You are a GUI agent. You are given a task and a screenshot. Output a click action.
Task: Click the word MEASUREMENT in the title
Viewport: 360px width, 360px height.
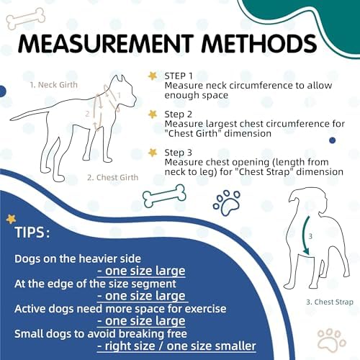106,44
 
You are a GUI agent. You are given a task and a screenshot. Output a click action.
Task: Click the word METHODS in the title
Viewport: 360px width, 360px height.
259,44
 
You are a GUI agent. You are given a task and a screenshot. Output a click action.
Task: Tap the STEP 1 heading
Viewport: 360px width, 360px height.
179,76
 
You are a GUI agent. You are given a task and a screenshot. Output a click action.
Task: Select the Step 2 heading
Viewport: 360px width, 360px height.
179,114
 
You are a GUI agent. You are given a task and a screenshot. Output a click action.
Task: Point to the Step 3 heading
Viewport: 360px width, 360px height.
179,153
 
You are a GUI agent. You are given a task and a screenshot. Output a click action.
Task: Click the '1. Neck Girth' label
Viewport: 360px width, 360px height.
54,85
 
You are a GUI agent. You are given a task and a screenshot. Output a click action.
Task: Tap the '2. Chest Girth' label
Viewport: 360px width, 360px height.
113,177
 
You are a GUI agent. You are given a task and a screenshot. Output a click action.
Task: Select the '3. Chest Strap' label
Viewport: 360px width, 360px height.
330,302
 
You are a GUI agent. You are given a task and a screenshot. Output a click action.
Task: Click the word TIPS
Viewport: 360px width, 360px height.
32,232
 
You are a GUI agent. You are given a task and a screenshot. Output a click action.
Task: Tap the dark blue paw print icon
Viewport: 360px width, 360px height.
227,203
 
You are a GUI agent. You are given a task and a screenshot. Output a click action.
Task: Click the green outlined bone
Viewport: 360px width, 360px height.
164,196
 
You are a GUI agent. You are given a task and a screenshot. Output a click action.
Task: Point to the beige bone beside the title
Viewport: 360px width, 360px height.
26,19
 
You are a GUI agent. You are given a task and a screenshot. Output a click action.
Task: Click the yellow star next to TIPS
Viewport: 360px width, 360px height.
11,219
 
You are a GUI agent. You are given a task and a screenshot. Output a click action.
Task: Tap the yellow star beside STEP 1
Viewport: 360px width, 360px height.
153,76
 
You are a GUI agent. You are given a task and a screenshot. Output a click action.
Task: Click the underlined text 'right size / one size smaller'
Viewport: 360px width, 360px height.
176,346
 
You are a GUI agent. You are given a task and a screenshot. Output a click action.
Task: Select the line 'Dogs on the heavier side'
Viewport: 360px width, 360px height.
78,258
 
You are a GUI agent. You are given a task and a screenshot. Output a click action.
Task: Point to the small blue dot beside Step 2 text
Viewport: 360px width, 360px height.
333,140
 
